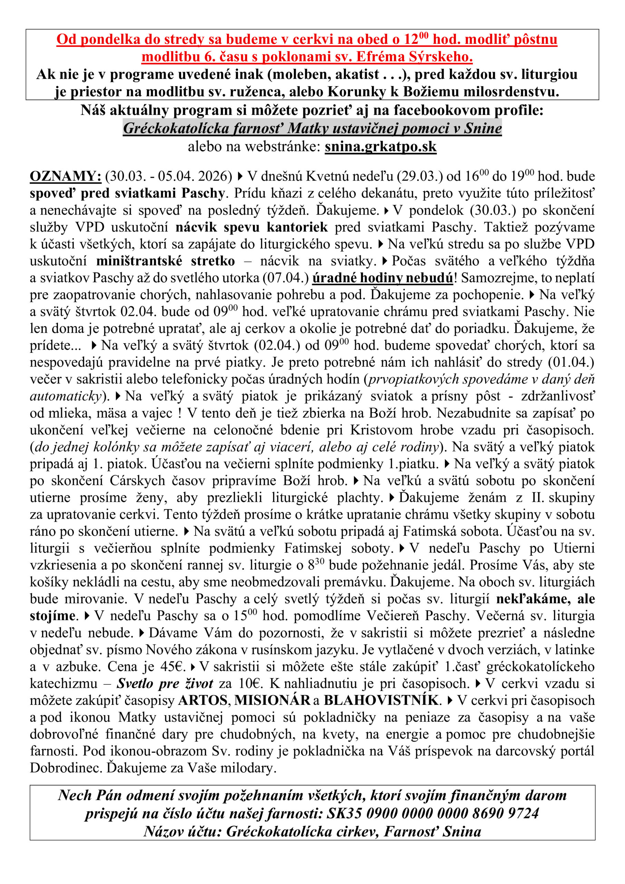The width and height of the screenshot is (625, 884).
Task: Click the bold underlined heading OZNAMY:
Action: click(x=66, y=176)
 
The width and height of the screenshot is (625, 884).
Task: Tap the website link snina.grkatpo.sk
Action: click(x=380, y=147)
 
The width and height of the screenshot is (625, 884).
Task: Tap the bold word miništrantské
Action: click(x=138, y=261)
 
